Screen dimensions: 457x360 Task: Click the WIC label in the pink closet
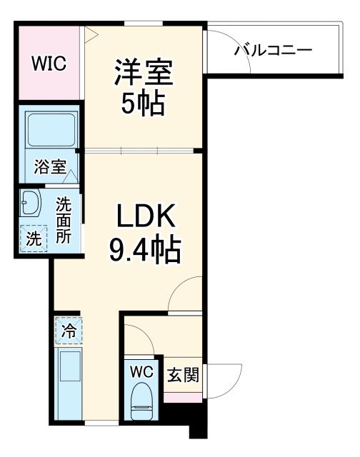click(x=49, y=63)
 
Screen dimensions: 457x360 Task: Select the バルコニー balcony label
click(x=274, y=51)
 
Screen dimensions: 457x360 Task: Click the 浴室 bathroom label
click(x=50, y=169)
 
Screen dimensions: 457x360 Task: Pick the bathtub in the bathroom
click(x=51, y=131)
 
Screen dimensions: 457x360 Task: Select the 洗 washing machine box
click(x=34, y=238)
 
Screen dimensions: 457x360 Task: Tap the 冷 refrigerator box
click(x=69, y=331)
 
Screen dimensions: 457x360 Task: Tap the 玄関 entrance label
click(x=182, y=373)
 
